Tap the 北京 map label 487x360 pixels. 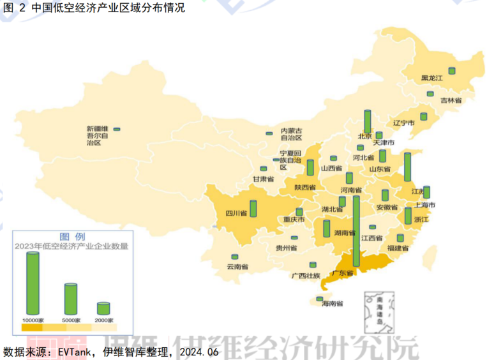tap(364, 136)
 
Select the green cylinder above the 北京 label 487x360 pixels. tap(367, 121)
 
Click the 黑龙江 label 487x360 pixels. tap(431, 79)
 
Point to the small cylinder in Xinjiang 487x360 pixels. tap(116, 130)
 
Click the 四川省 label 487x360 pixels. tap(237, 213)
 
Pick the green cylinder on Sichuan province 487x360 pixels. tap(253, 208)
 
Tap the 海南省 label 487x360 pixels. tap(333, 303)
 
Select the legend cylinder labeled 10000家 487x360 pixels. tap(32, 283)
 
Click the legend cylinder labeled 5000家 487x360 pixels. tap(70, 299)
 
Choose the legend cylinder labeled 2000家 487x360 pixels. tap(103, 308)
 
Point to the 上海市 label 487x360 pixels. tap(424, 205)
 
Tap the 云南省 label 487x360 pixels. tap(237, 267)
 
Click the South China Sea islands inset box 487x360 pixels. tap(378, 312)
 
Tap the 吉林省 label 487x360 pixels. tap(451, 101)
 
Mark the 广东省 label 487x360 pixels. tap(342, 273)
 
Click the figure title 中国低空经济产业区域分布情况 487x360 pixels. tap(108, 9)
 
